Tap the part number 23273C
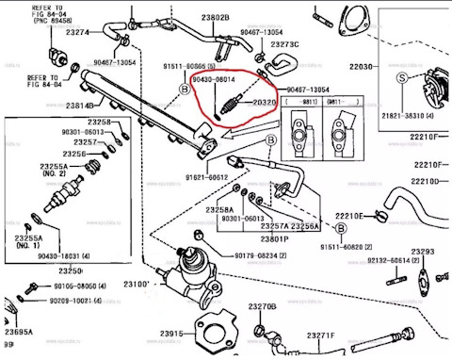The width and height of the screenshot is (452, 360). [283, 44]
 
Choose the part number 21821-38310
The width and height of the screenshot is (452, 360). [415, 111]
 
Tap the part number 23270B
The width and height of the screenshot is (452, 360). [264, 307]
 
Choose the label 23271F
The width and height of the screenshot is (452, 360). [318, 335]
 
